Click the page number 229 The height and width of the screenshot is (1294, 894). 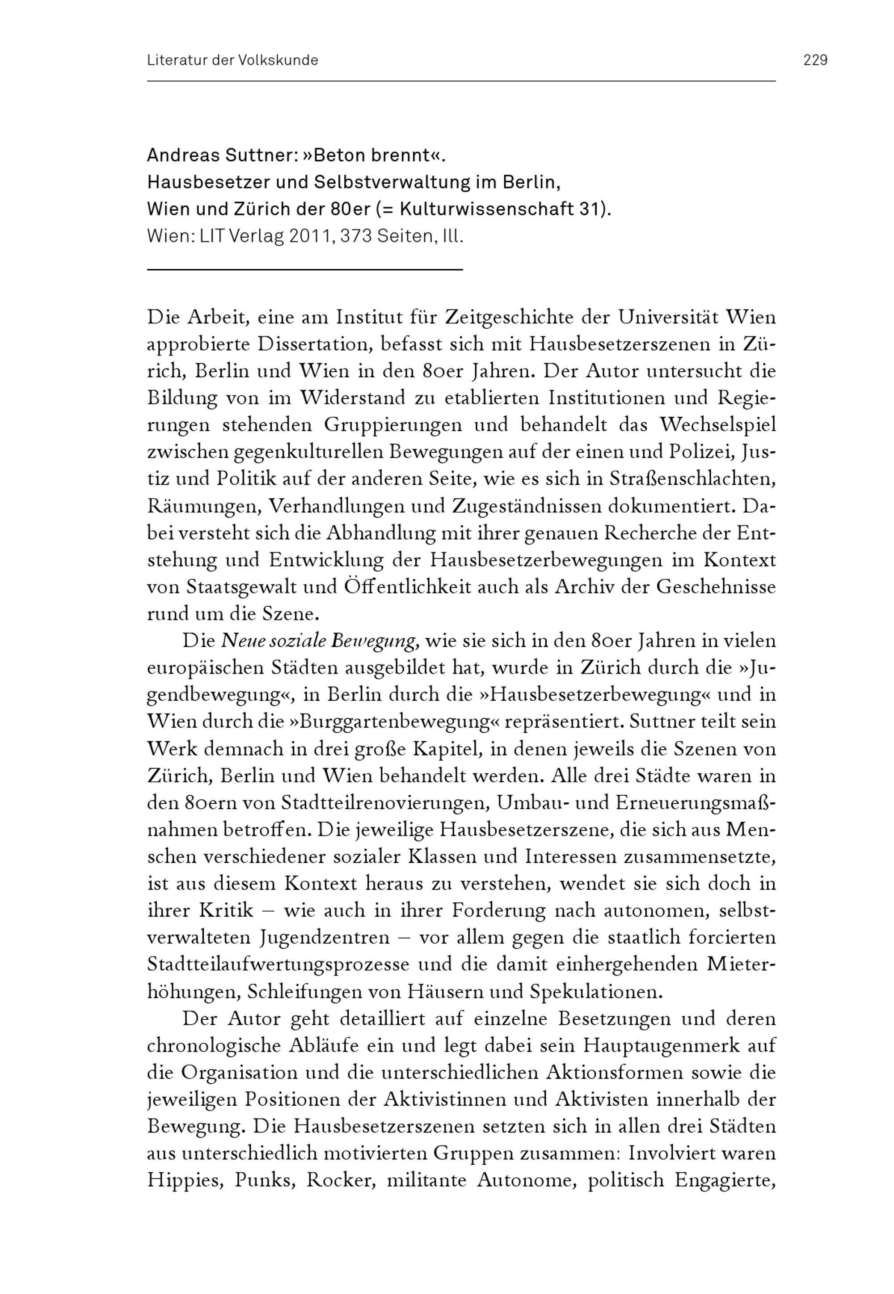point(815,60)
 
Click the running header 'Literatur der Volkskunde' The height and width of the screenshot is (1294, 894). point(232,60)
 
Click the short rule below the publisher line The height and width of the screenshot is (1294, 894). point(305,270)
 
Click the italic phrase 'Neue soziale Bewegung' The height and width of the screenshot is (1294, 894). point(319,641)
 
